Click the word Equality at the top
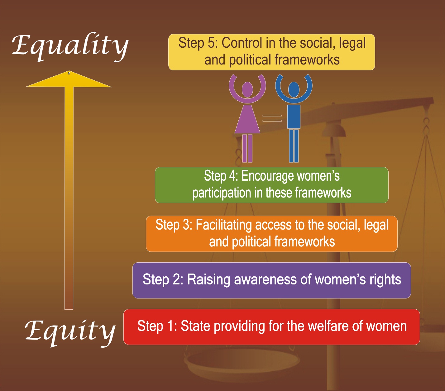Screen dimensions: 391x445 [x=70, y=46]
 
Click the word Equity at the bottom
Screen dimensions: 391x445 [x=70, y=331]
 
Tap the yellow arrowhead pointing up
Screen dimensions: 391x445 [x=69, y=80]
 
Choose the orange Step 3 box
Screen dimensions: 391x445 [x=271, y=234]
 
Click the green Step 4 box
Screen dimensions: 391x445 [x=271, y=185]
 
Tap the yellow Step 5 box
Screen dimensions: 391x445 [x=271, y=52]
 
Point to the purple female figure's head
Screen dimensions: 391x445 [x=247, y=89]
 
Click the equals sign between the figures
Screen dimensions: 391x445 [x=272, y=118]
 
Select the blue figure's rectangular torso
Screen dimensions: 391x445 [x=294, y=117]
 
